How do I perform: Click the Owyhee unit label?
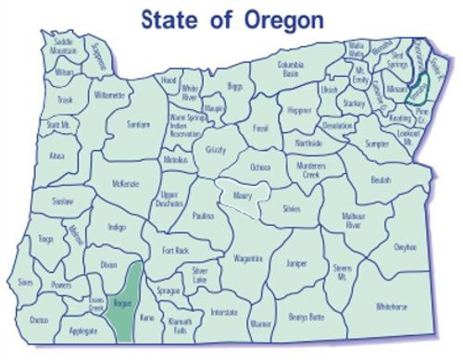click(x=405, y=248)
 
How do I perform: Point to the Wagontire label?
click(x=248, y=258)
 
